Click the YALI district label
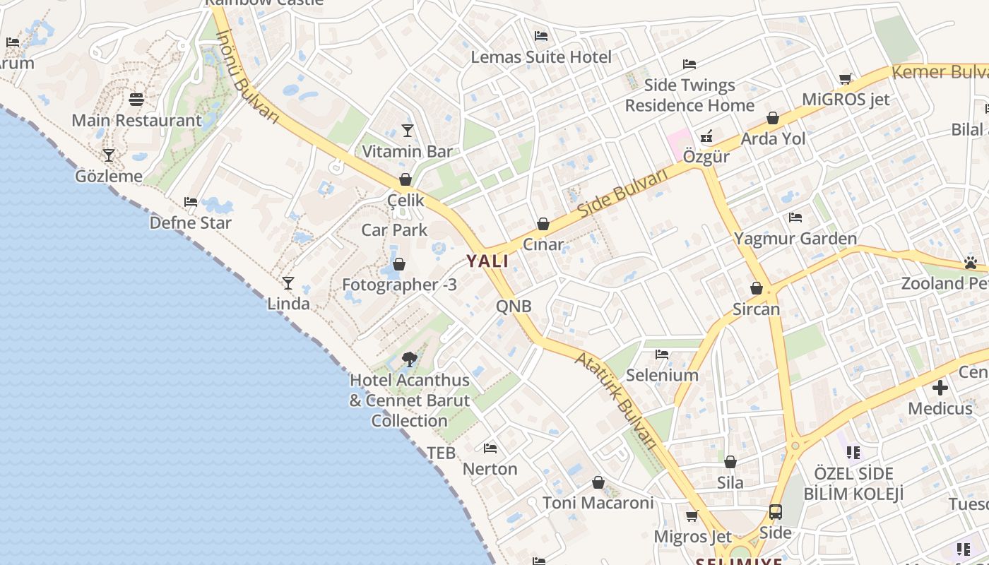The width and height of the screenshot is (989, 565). coord(487,261)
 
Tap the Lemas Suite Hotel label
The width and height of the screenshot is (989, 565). coord(541,57)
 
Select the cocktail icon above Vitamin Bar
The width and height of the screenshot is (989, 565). coord(407,130)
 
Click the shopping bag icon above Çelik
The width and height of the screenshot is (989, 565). coord(405,179)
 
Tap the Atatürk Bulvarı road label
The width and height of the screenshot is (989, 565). coord(616,400)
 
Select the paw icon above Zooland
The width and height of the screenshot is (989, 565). coord(970,263)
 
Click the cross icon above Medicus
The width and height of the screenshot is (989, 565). coord(940,388)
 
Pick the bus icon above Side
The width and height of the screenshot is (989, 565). coord(775,511)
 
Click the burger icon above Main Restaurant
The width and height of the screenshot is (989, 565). coord(136,100)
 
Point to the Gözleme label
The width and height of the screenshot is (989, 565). coord(109,176)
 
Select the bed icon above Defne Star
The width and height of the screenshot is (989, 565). coord(190,202)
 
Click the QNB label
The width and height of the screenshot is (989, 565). coord(514,307)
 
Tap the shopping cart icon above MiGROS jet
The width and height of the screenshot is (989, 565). coord(846,78)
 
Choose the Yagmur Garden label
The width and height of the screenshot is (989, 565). coord(795,239)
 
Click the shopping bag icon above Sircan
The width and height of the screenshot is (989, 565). coord(756,288)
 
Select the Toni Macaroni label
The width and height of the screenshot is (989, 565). coord(598,503)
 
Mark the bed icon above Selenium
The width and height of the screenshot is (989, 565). coord(662,354)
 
